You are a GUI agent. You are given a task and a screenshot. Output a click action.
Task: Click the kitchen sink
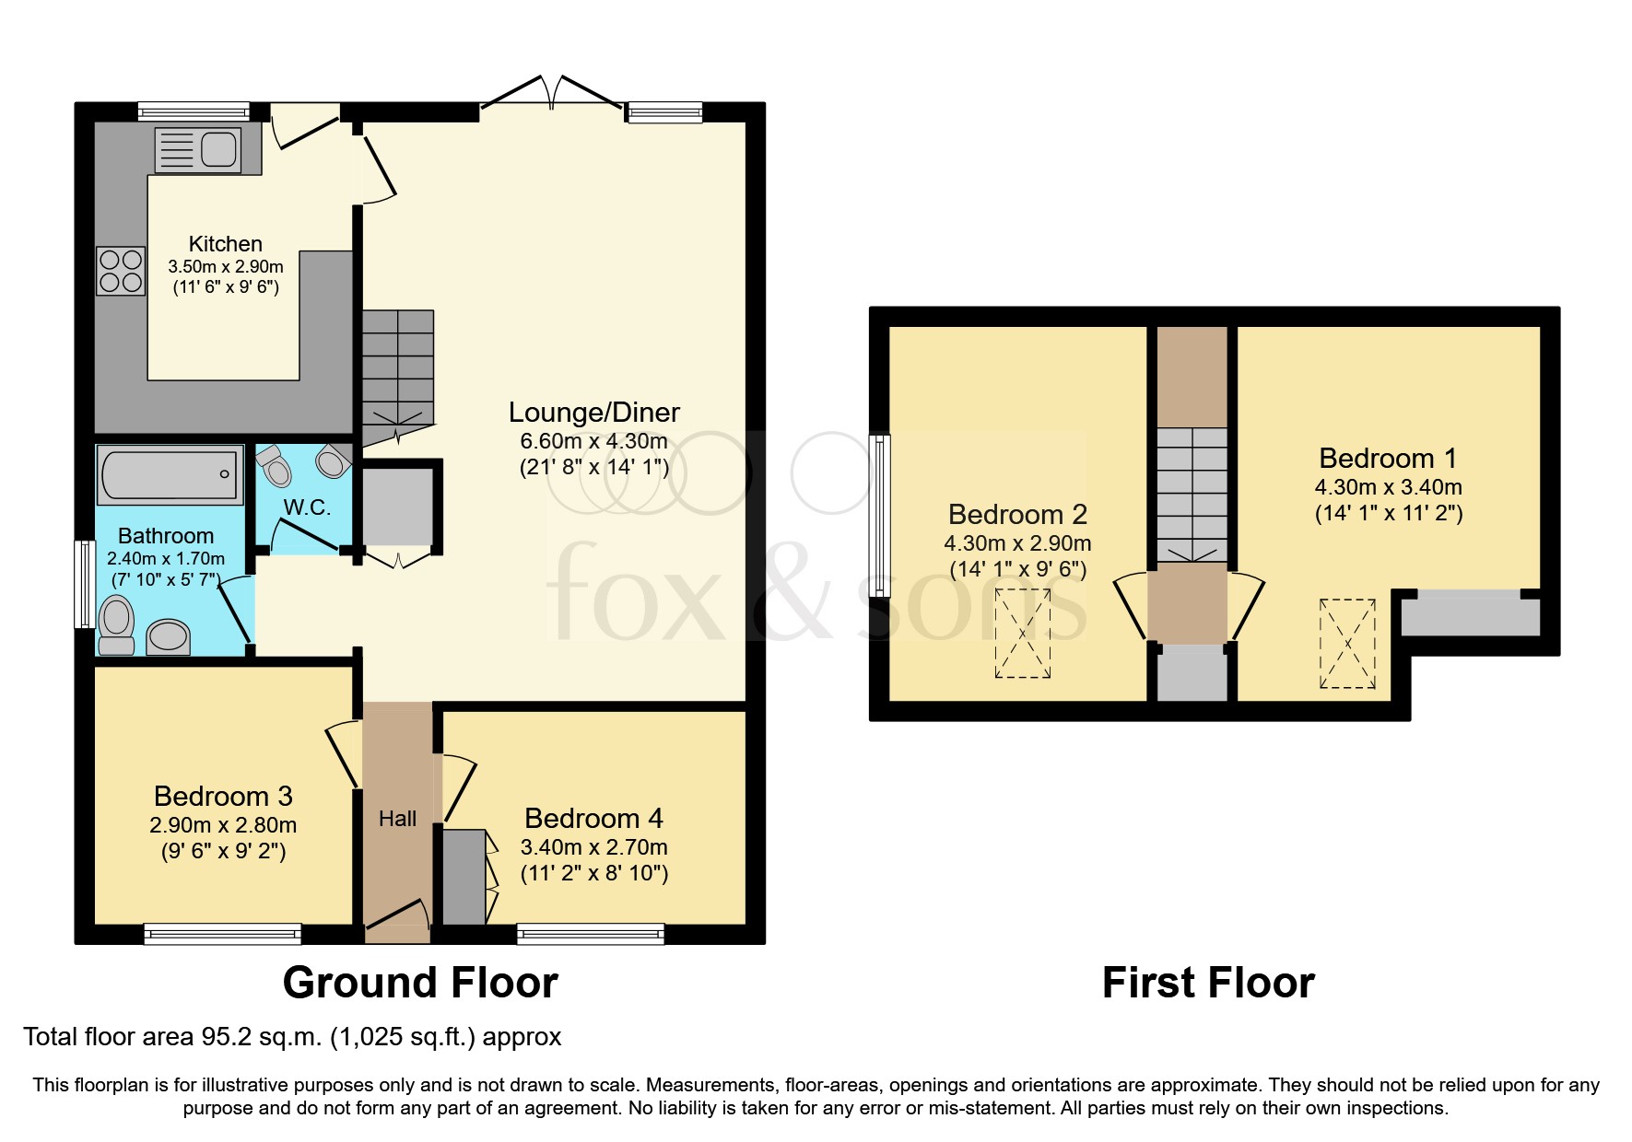point(198,149)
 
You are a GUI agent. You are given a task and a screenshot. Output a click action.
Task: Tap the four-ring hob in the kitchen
point(121,271)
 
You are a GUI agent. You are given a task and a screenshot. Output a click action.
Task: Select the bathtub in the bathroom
point(170,475)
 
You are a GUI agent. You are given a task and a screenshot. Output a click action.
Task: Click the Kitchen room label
point(225,244)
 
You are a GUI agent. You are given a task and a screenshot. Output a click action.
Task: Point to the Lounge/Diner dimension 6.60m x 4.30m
point(593,441)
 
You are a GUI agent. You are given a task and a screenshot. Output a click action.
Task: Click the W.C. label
point(306,507)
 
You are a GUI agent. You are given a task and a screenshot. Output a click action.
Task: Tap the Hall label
point(397,819)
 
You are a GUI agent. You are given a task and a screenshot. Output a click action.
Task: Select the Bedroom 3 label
point(223,796)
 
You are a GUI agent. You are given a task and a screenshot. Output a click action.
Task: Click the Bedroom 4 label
point(593,818)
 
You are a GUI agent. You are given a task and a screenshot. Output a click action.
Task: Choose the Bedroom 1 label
point(1387,458)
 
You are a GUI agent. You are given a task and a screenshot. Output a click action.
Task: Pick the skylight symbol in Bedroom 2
point(1022,634)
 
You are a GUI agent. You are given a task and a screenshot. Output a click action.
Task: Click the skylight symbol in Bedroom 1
point(1347,644)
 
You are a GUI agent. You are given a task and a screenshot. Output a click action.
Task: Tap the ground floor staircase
point(397,368)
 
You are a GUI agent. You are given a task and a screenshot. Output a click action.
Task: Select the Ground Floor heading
point(420,983)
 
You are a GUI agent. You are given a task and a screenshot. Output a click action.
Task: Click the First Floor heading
point(1207,983)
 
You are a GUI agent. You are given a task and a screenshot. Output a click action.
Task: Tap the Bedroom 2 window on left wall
point(880,516)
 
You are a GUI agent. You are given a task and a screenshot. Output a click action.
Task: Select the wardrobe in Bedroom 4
point(464,877)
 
